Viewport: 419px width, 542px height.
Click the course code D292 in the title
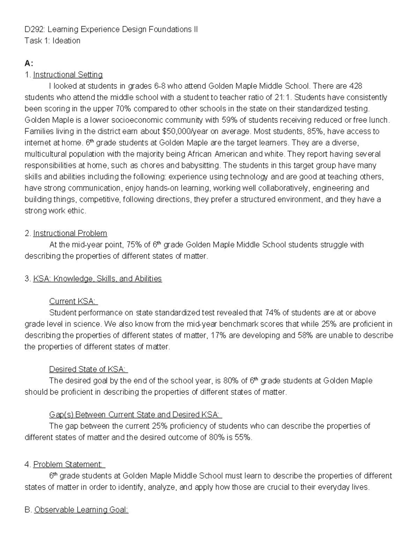(x=34, y=29)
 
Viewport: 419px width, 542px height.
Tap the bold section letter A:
(x=29, y=63)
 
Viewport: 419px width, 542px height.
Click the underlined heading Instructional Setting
(x=68, y=75)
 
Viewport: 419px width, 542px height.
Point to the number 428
(x=356, y=86)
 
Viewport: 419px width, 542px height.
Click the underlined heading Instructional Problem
(x=70, y=233)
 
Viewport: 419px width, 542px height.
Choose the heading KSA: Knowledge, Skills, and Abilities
(x=97, y=279)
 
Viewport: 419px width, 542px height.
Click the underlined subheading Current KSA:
(x=73, y=301)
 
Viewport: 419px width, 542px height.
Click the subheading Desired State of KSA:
(x=88, y=369)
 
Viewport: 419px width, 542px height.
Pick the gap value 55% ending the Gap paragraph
(x=243, y=437)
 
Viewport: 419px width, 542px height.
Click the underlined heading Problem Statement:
(x=68, y=465)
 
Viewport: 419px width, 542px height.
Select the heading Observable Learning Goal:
(x=81, y=510)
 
